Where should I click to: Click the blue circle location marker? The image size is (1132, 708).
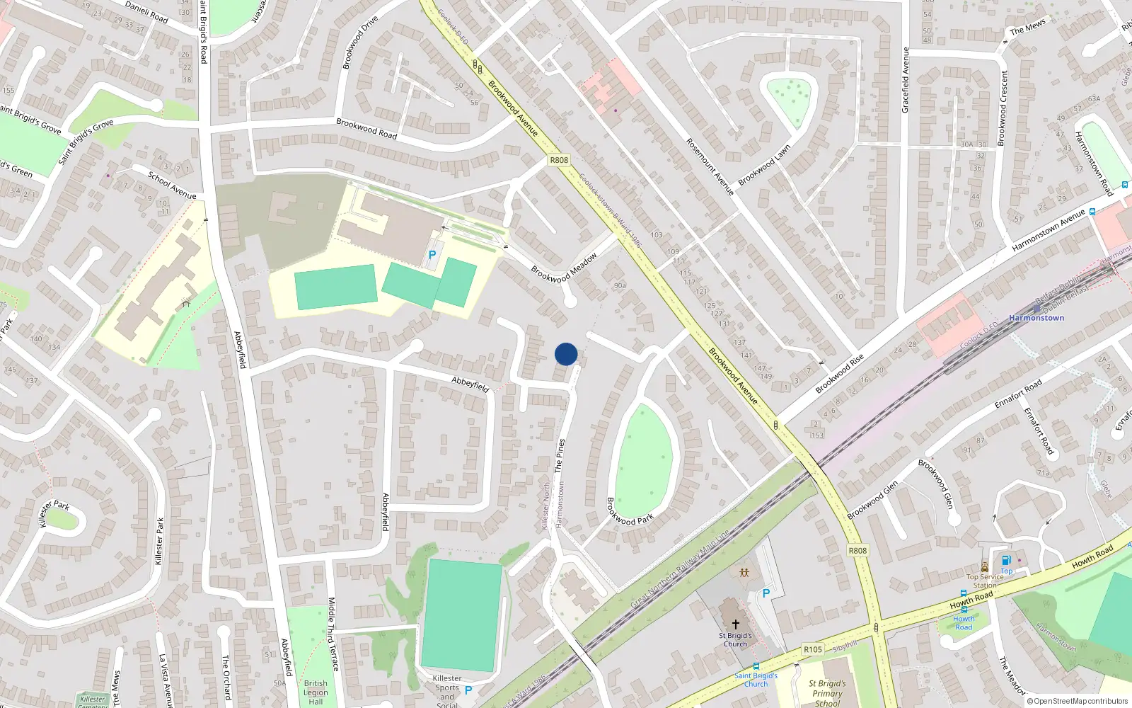566,354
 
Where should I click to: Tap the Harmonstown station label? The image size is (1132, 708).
1036,318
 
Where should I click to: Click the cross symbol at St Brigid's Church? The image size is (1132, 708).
735,624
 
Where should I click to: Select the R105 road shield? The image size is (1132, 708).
813,649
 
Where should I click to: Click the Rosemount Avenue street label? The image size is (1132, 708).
710,167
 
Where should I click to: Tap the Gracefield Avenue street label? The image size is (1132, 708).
905,80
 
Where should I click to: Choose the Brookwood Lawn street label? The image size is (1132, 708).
764,166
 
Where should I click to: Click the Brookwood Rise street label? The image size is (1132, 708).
840,374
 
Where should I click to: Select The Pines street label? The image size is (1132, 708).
560,455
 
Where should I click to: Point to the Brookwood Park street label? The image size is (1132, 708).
630,512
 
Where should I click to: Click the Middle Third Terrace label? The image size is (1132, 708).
333,634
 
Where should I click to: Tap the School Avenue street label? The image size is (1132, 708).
172,185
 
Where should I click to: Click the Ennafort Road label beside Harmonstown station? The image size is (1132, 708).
1018,394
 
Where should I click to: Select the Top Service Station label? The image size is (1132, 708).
985,581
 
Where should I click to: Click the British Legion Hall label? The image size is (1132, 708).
316,692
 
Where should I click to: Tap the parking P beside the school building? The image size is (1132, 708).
432,255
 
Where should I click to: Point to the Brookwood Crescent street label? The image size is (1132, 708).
1002,108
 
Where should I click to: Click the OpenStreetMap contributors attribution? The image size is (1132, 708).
1078,701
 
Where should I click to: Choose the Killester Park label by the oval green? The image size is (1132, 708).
54,512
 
